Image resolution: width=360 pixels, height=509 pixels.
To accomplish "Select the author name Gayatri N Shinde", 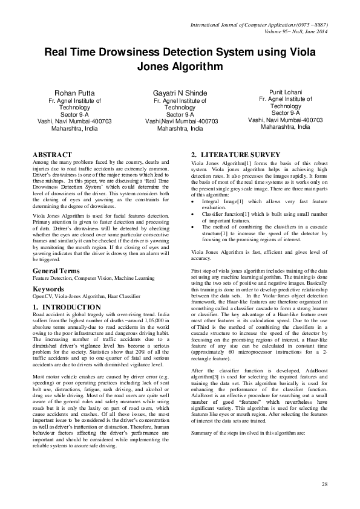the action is coord(180,93).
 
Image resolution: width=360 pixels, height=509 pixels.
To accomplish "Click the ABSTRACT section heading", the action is coord(52,155).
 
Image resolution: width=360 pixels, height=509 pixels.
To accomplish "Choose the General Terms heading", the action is coord(57,270).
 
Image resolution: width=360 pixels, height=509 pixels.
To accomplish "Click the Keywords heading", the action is coord(48,289).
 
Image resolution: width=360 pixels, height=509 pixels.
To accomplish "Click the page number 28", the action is coord(324,485).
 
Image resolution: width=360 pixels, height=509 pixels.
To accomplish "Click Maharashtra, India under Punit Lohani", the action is coord(285,128).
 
